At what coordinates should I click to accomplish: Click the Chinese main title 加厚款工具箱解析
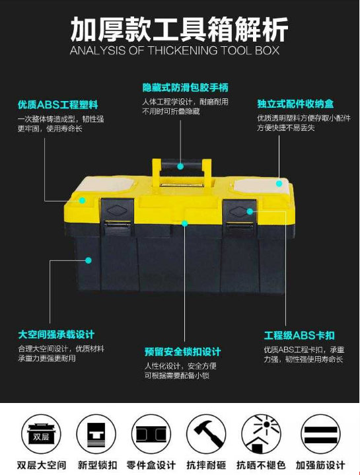179,29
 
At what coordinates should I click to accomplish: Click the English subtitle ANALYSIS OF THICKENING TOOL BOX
174,50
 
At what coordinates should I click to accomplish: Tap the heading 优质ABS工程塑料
58,105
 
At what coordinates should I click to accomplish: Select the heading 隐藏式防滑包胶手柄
186,88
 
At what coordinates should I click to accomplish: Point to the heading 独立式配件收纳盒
295,104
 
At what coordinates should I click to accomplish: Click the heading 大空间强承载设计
56,335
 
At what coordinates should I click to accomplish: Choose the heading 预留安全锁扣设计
182,351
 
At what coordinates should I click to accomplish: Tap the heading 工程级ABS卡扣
299,336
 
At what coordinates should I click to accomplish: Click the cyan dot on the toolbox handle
180,166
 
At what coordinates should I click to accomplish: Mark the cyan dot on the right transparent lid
279,183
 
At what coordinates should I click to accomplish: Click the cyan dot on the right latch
250,211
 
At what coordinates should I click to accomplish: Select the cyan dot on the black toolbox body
89,260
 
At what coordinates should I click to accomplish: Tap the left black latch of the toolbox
118,216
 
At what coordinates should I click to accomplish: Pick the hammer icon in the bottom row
206,434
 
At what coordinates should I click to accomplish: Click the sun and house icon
261,434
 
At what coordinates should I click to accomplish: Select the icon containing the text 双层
41,434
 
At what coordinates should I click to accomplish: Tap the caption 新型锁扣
97,464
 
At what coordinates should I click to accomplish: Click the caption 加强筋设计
320,464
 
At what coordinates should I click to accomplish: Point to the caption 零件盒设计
151,464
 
